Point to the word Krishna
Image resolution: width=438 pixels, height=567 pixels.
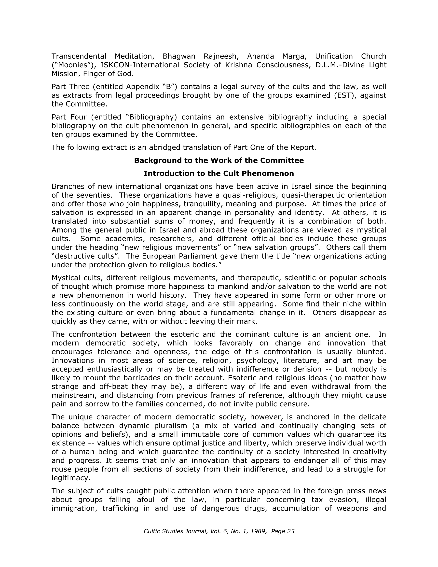[x=238, y=65]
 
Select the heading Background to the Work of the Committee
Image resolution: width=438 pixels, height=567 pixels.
[x=219, y=160]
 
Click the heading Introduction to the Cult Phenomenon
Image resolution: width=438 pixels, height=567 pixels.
[x=219, y=173]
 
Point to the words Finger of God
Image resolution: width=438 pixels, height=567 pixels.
[x=108, y=74]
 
